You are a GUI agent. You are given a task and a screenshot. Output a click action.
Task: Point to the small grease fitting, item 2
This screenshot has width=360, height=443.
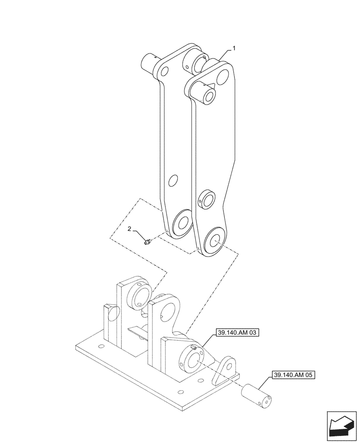[x=148, y=241]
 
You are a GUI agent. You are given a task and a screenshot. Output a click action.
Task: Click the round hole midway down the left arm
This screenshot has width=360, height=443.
[x=174, y=180]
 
